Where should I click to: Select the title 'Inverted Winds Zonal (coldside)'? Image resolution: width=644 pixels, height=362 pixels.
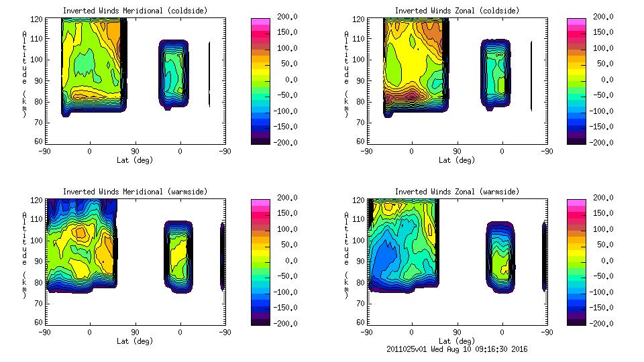click(x=456, y=11)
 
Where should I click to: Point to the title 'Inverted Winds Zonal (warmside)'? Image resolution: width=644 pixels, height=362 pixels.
click(x=456, y=192)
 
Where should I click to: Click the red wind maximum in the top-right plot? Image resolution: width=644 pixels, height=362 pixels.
click(x=411, y=95)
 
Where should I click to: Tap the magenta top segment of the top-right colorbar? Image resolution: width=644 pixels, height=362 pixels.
click(x=575, y=21)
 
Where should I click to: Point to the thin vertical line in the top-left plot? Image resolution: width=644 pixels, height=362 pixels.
click(x=209, y=74)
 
